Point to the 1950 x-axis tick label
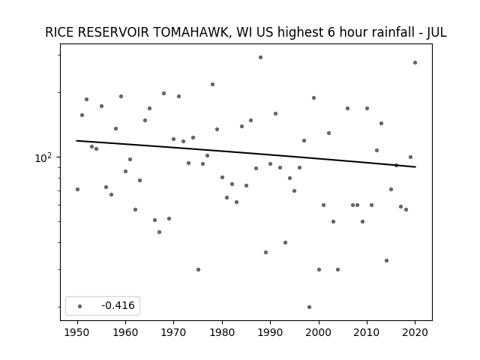[77, 332]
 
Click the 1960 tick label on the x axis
[125, 332]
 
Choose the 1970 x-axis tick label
[173, 332]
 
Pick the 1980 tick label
[222, 332]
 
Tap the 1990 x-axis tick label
[270, 332]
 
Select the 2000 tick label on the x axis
[319, 332]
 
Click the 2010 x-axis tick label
[367, 332]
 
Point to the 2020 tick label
[415, 332]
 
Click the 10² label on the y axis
[43, 158]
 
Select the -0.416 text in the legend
[118, 305]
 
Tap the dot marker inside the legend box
[80, 306]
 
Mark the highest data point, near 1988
[260, 57]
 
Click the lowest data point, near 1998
[309, 307]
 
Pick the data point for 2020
[415, 63]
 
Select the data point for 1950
[77, 190]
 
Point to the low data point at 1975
[198, 270]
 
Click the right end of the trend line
[415, 166]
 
